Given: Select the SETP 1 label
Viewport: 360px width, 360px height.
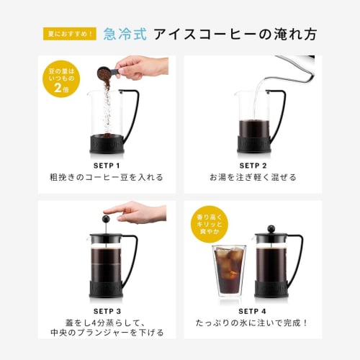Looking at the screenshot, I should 105,163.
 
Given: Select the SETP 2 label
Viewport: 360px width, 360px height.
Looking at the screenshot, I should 253,163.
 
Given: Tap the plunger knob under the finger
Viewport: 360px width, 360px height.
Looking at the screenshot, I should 106,219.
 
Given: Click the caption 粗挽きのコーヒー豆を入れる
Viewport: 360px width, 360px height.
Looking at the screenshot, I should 106,176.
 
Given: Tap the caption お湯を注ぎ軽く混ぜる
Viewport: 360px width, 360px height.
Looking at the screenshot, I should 253,176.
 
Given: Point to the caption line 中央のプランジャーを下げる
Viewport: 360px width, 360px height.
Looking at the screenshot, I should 106,332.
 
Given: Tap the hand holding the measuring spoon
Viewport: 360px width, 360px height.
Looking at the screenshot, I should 144,67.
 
